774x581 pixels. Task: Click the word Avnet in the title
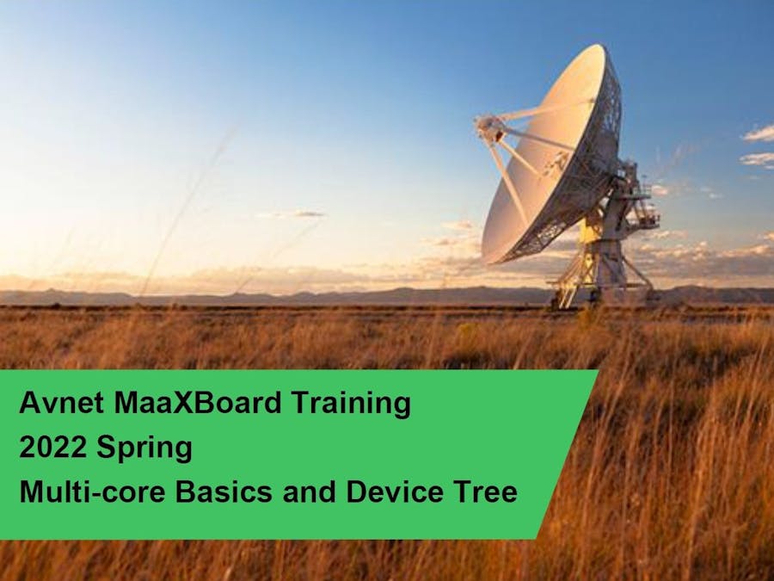[62, 403]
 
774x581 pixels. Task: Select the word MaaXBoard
[198, 403]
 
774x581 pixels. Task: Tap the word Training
[351, 404]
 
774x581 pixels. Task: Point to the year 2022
[52, 447]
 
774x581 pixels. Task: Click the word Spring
[144, 448]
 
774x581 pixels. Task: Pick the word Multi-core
[92, 491]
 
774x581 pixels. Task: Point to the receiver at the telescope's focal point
[488, 127]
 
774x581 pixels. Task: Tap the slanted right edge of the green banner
[568, 454]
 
